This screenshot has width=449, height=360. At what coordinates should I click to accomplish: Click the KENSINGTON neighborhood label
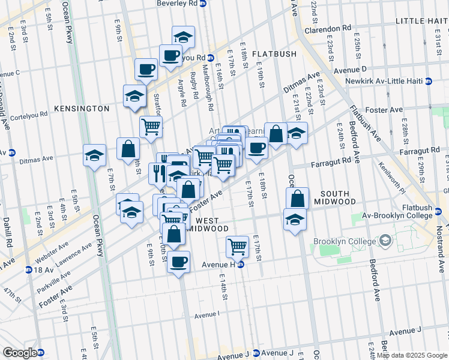pos(82,109)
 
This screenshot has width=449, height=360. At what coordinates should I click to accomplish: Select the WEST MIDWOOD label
pos(208,225)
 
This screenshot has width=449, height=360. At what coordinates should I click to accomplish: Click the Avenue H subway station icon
pos(241,264)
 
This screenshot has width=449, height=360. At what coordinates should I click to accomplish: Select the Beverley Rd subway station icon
pos(203,3)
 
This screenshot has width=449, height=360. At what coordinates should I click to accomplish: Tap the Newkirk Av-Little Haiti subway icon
pos(429,81)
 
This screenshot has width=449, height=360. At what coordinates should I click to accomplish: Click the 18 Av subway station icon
pos(28,270)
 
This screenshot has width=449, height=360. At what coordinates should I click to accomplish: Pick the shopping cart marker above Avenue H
pos(238,245)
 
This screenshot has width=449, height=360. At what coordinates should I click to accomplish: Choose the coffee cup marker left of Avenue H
pos(178,262)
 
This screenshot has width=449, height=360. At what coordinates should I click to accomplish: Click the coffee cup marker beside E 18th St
pos(256,147)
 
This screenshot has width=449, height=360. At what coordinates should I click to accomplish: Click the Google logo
pos(20,353)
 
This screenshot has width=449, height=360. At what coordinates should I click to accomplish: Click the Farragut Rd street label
pos(330,162)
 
